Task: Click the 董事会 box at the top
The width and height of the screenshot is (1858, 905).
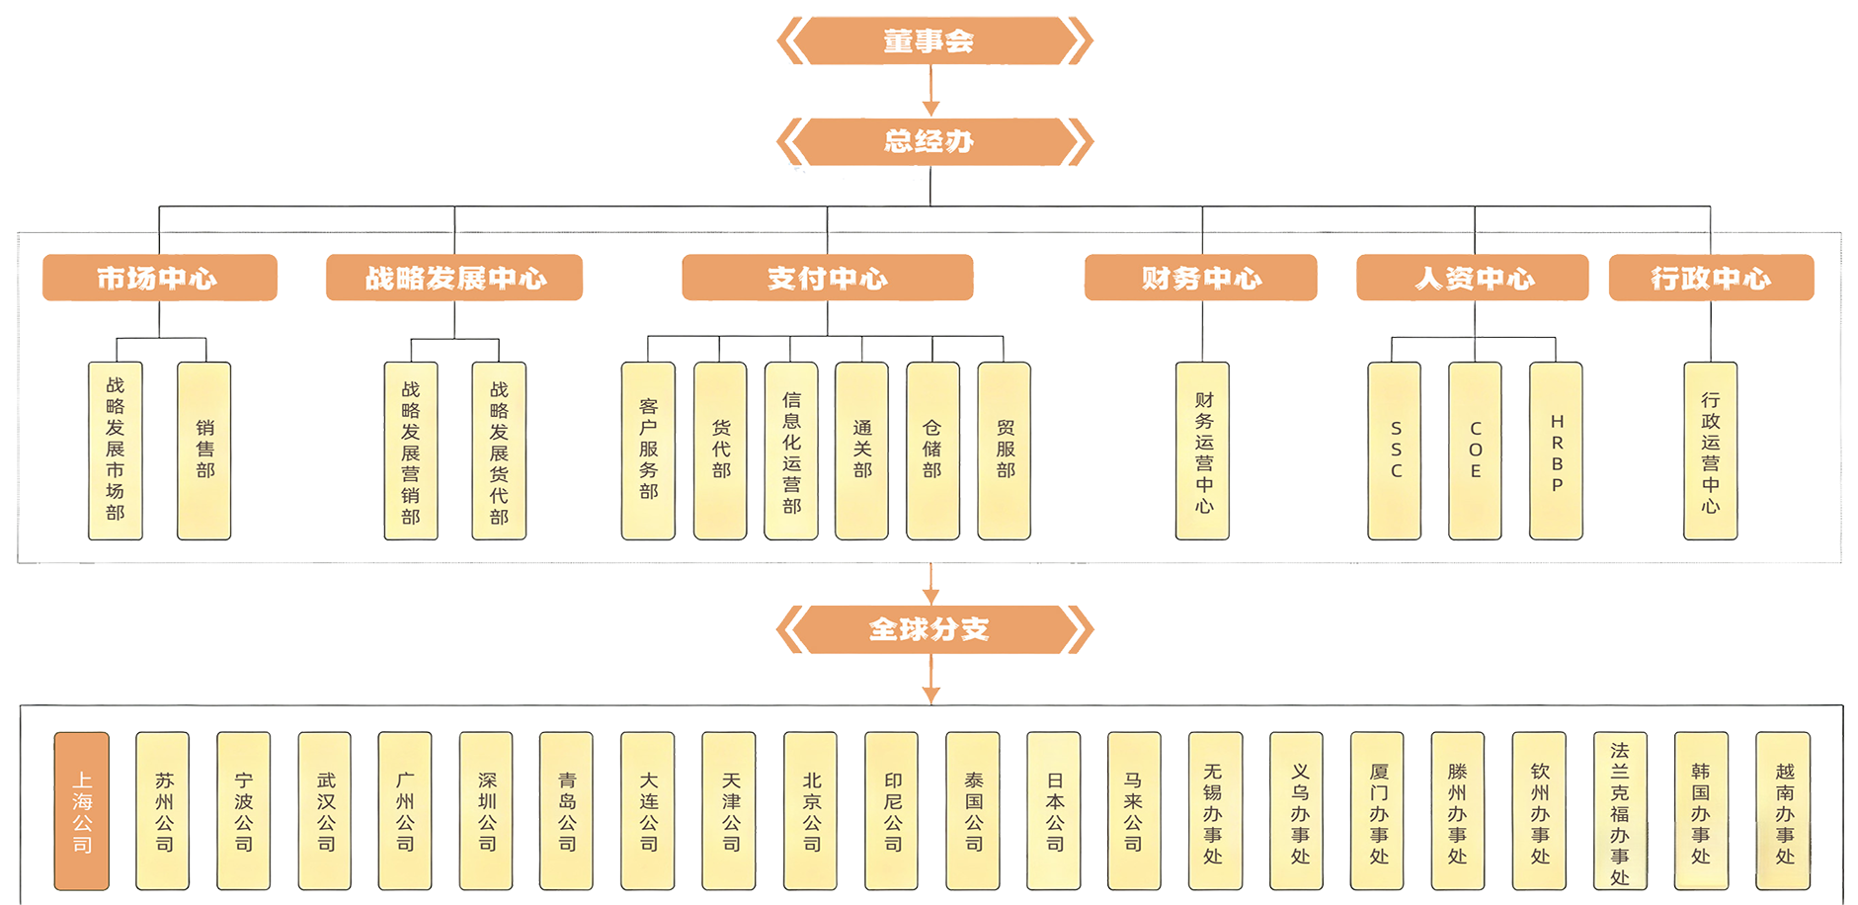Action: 929,41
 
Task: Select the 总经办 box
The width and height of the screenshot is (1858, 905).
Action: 929,141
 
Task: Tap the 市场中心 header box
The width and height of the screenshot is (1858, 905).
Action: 156,279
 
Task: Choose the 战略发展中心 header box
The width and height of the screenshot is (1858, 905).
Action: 455,279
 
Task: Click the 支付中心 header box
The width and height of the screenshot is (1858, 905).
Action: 828,279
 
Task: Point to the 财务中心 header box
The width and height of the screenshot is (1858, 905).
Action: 1201,279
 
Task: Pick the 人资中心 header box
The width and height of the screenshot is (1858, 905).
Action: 1474,279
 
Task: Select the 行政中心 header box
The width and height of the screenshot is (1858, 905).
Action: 1711,279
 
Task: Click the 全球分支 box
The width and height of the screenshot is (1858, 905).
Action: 929,629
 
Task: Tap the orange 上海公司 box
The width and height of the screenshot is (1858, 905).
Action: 82,811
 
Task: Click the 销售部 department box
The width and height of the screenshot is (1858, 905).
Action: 204,451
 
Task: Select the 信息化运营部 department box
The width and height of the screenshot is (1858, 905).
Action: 791,451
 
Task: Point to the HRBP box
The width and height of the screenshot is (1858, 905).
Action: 1557,451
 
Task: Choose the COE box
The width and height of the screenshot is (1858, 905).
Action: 1476,451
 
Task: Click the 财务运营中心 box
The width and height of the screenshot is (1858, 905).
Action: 1203,451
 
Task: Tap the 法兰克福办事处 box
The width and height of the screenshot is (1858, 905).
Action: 1620,811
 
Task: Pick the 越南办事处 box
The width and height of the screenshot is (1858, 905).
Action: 1784,811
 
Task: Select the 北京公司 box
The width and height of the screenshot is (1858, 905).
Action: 812,811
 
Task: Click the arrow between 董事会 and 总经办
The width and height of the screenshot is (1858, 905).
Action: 929,91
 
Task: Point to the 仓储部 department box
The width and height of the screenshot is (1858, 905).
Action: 932,451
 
